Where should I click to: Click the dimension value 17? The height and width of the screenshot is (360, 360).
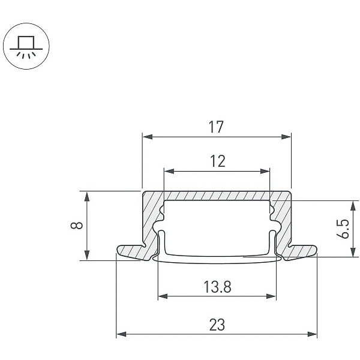pyautogui.click(x=216, y=127)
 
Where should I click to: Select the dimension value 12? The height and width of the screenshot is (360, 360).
pyautogui.click(x=218, y=161)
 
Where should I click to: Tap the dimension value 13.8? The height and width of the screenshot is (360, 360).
pyautogui.click(x=217, y=287)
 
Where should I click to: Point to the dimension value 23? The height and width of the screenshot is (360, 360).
pyautogui.click(x=217, y=325)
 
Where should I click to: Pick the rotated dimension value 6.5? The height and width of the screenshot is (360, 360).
pyautogui.click(x=343, y=229)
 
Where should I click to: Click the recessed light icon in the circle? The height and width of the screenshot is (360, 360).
pyautogui.click(x=26, y=47)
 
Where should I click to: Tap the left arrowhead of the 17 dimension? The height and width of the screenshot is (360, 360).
pyautogui.click(x=148, y=137)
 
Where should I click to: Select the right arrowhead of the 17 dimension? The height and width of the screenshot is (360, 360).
pyautogui.click(x=286, y=137)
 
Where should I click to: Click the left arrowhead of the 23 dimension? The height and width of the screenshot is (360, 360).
pyautogui.click(x=121, y=334)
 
